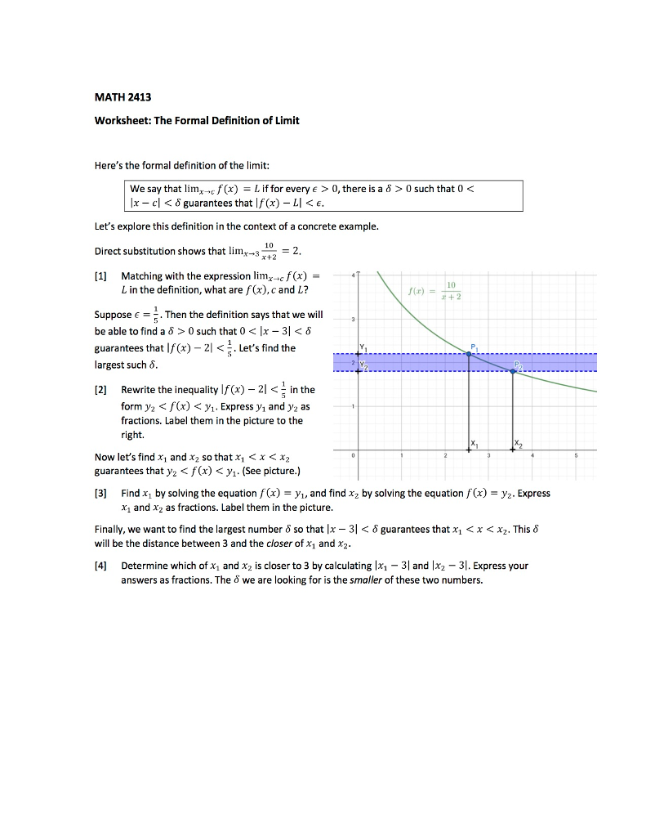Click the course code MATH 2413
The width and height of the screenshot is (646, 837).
[112, 97]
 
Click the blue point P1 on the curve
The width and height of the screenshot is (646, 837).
[469, 353]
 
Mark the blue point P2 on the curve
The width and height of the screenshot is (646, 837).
[513, 371]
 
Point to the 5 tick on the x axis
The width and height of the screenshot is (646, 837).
[577, 456]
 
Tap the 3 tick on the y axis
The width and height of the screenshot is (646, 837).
[351, 319]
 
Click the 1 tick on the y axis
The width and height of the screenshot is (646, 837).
[351, 406]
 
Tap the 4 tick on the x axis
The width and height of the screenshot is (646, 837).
[532, 456]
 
